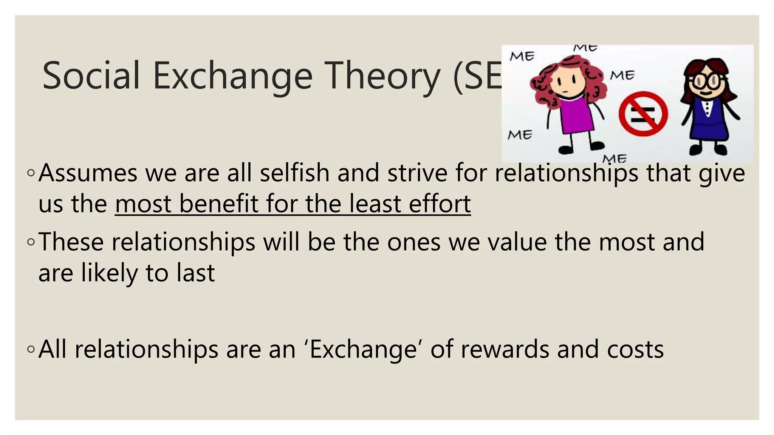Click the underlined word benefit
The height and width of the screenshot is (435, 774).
click(x=218, y=204)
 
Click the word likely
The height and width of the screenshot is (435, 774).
click(x=110, y=273)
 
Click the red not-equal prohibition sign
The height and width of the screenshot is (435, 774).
click(x=643, y=114)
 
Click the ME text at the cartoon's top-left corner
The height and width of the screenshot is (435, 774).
click(x=522, y=57)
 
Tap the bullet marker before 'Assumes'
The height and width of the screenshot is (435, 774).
click(x=31, y=173)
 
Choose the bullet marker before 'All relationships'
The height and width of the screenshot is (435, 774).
click(x=31, y=349)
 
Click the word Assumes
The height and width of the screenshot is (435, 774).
click(x=88, y=173)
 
